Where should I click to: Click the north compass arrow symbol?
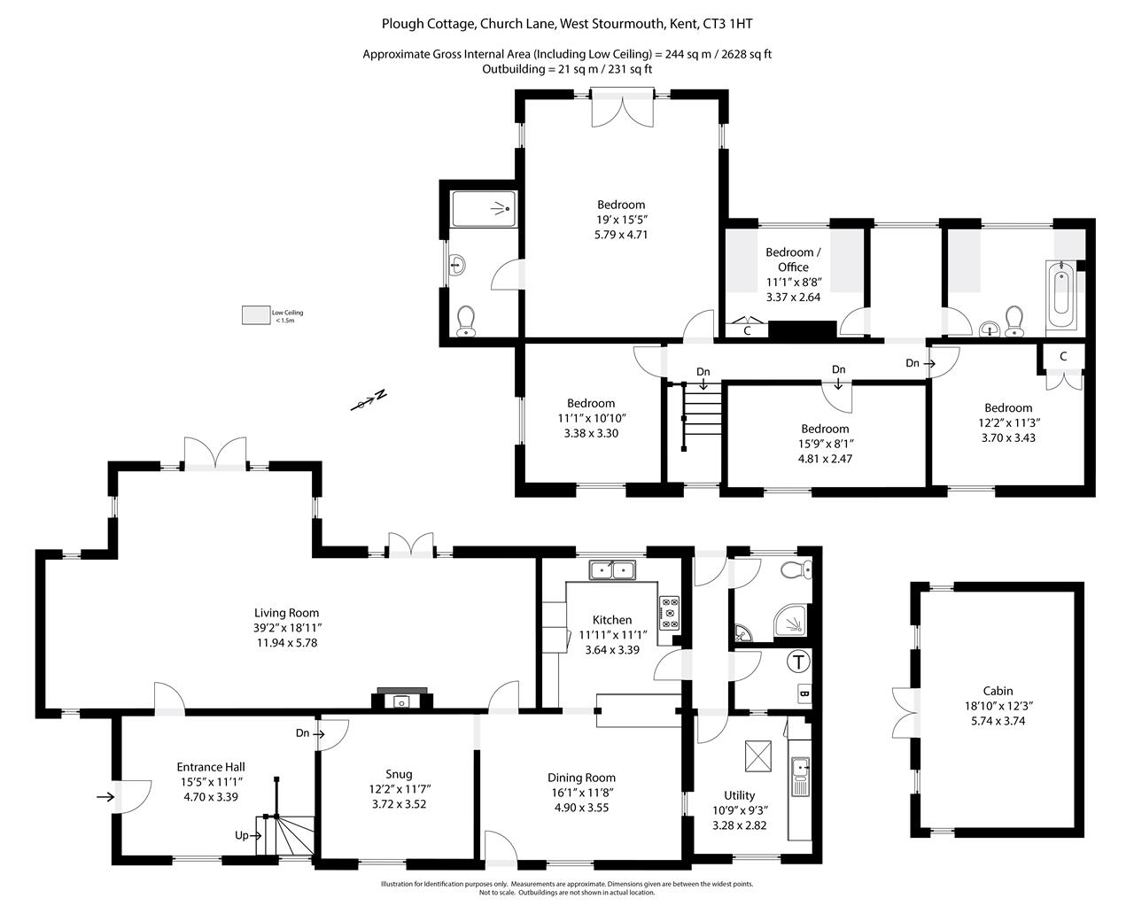click(x=369, y=400)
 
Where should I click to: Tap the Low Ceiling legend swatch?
click(x=256, y=315)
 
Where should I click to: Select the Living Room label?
click(x=287, y=613)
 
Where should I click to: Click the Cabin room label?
click(x=998, y=691)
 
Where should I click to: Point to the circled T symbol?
click(x=798, y=662)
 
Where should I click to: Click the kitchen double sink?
click(x=613, y=570)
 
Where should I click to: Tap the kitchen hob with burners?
click(x=669, y=613)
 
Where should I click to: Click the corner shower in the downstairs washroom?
click(x=791, y=623)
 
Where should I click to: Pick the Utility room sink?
click(x=800, y=777)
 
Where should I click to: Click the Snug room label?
click(x=399, y=774)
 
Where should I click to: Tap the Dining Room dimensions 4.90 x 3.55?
click(x=581, y=808)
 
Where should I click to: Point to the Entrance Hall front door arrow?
click(x=105, y=797)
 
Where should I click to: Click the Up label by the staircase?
click(x=241, y=835)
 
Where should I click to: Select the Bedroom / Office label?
click(x=793, y=259)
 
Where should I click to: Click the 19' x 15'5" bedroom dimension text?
click(x=621, y=219)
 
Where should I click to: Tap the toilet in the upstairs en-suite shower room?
click(x=466, y=321)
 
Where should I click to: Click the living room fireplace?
click(x=402, y=699)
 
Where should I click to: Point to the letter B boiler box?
click(x=804, y=693)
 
